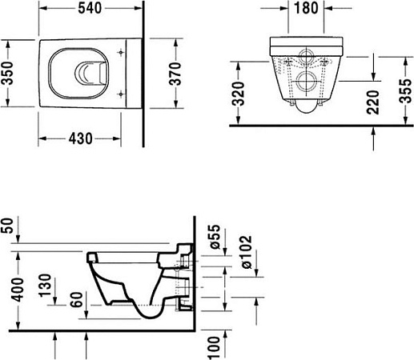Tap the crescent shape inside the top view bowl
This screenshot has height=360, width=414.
(84, 74)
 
